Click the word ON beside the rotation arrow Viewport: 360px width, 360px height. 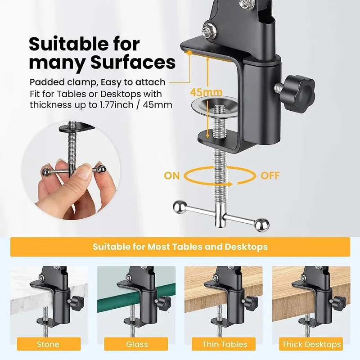click(172, 175)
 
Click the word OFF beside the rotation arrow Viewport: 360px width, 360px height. click(270, 175)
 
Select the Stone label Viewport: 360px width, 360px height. click(48, 344)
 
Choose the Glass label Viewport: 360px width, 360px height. click(137, 344)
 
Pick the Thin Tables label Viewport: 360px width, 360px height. click(225, 344)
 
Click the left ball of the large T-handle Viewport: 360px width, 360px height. click(179, 207)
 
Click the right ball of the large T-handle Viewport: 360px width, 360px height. click(262, 223)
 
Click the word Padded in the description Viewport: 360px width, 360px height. click(45, 82)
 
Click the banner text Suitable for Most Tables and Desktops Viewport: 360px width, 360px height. click(180, 247)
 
